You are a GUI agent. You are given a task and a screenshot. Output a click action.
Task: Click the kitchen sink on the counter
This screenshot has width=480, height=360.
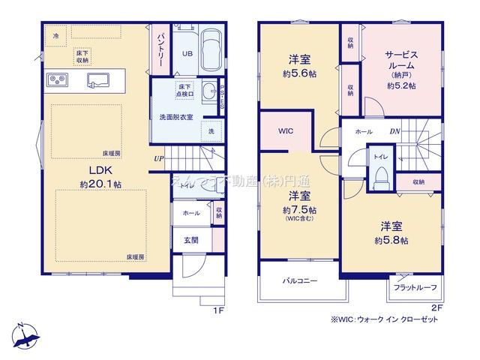coord(100,79)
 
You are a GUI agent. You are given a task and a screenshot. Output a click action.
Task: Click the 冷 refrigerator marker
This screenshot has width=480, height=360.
coord(56,34)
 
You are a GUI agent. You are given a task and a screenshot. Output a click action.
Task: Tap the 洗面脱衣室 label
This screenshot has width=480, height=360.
coord(176,117)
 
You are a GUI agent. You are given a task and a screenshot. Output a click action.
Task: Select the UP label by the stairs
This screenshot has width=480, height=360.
coord(158,158)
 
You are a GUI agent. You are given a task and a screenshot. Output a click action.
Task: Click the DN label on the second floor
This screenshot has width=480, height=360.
coord(394,131)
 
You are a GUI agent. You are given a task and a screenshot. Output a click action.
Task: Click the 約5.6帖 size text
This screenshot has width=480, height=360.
coord(299,75)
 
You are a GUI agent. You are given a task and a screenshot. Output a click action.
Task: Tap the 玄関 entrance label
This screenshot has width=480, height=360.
coord(190,240)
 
